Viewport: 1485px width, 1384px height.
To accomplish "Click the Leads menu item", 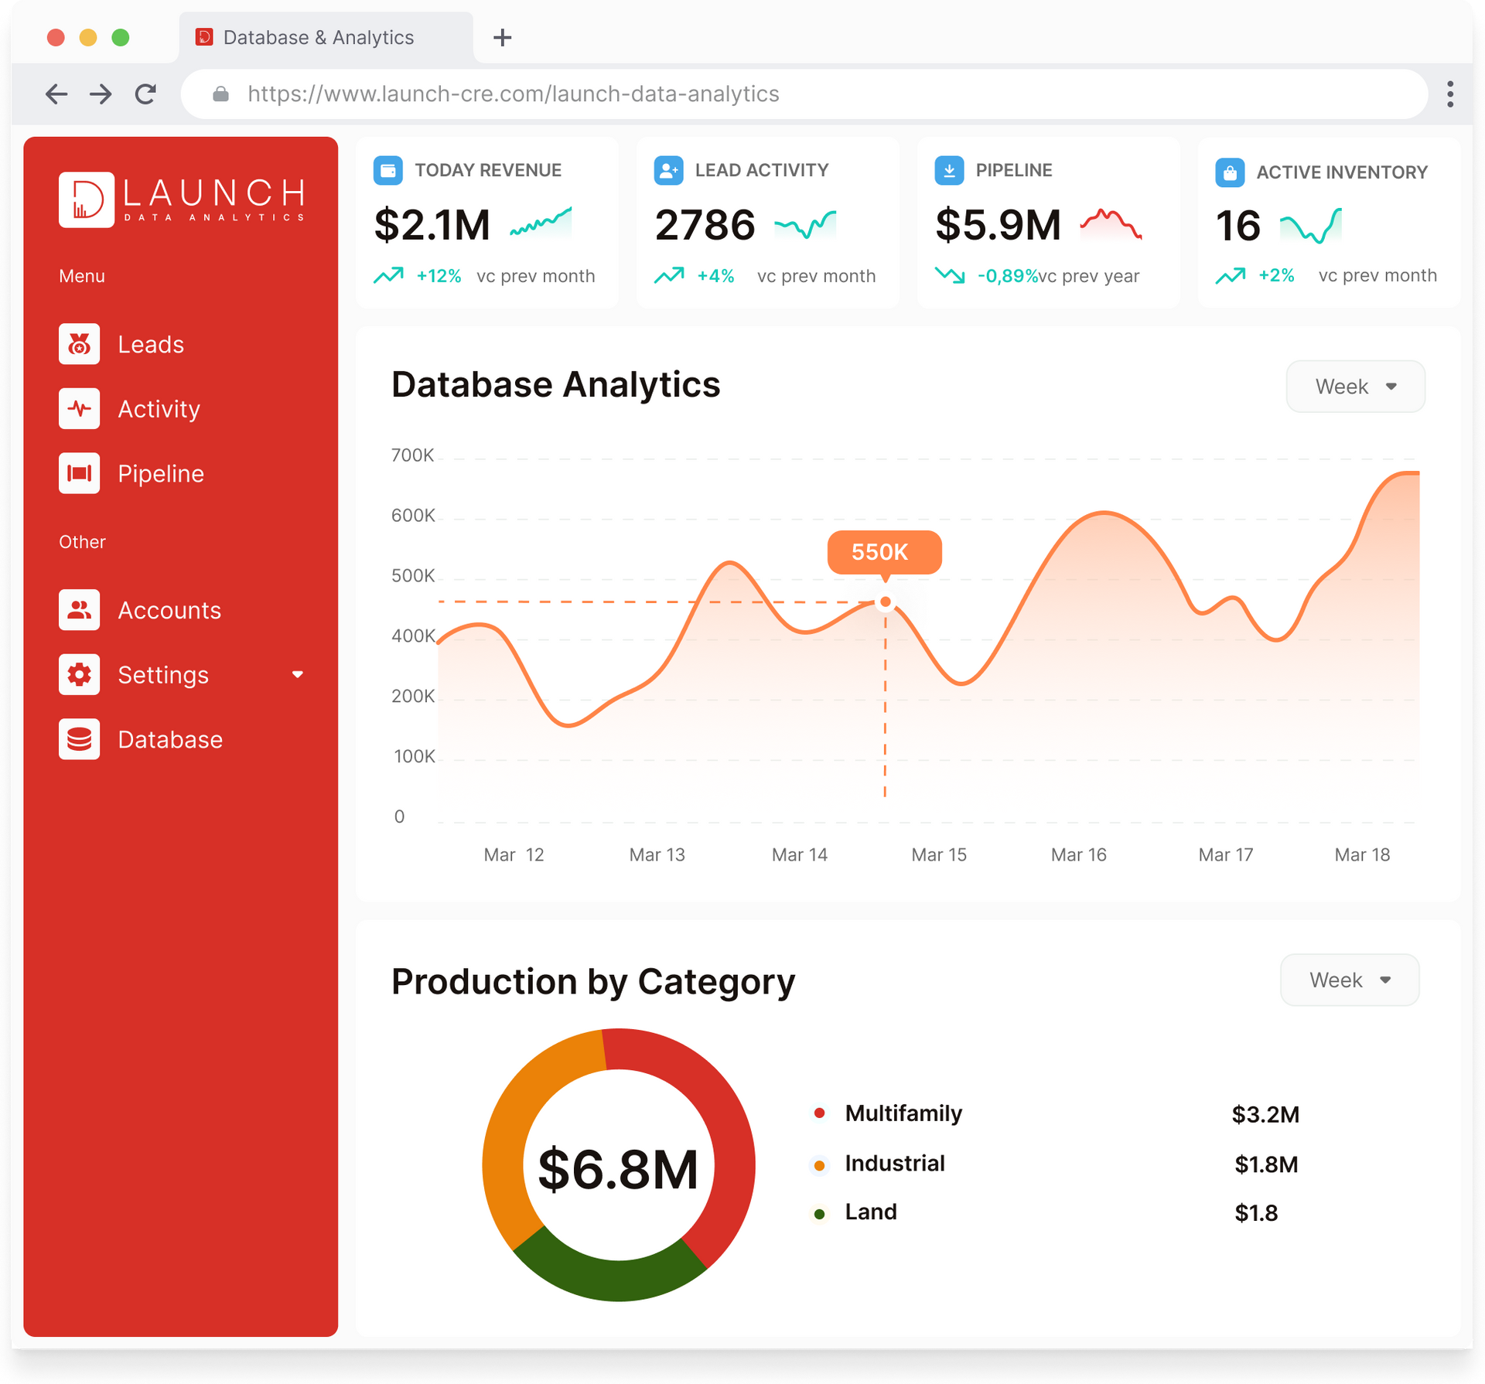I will point(150,344).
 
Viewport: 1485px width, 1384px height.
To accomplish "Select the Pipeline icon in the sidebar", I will point(79,473).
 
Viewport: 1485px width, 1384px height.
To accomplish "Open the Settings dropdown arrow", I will point(298,675).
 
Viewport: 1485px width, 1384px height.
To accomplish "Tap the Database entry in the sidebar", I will point(169,740).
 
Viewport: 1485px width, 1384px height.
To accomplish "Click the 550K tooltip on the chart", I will point(883,552).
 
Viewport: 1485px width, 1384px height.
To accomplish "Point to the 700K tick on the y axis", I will point(412,455).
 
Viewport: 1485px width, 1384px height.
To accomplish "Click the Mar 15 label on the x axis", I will point(938,854).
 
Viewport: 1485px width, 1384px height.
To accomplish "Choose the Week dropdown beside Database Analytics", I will point(1354,387).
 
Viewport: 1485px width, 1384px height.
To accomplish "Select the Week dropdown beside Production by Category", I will point(1349,980).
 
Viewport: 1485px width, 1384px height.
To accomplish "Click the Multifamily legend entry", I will point(903,1113).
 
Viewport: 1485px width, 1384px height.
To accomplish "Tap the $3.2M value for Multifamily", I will point(1265,1114).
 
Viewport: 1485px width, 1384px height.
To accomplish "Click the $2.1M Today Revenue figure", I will point(432,225).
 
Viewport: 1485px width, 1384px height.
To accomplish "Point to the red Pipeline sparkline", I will point(1111,224).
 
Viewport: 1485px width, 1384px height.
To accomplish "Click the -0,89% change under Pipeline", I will point(1007,276).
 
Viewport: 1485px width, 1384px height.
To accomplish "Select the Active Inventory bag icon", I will point(1229,172).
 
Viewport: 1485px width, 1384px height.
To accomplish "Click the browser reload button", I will point(145,94).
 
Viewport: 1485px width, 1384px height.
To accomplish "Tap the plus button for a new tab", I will point(502,37).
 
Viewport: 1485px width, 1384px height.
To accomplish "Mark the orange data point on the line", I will point(885,602).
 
